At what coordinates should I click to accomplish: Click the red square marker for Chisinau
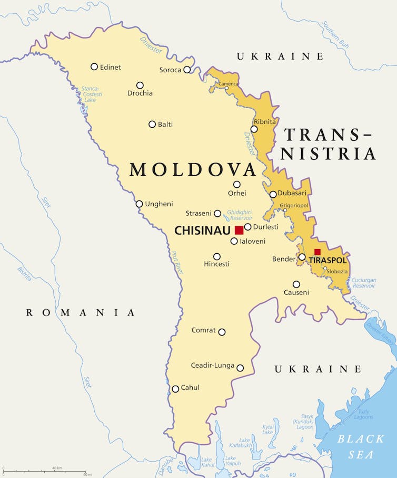click(x=239, y=230)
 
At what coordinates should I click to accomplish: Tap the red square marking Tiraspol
click(x=317, y=252)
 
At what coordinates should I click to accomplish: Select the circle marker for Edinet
click(x=94, y=66)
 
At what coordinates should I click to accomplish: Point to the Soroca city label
click(x=170, y=70)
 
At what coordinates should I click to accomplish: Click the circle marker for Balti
click(x=152, y=125)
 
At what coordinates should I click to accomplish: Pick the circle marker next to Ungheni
click(x=139, y=204)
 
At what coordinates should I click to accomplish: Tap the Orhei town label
click(x=237, y=193)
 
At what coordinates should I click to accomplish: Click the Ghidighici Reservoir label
click(x=240, y=215)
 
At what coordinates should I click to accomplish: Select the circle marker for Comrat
click(x=222, y=332)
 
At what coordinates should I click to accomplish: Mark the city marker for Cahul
click(x=175, y=389)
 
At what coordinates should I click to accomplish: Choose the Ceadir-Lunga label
click(x=212, y=365)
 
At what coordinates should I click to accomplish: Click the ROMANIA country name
click(x=81, y=313)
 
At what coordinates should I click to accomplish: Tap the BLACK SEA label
click(x=361, y=446)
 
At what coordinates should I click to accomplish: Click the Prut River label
click(x=176, y=262)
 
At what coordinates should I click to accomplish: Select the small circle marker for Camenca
click(x=227, y=88)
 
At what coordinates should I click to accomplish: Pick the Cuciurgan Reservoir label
click(x=363, y=282)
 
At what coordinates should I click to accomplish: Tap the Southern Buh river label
click(x=335, y=35)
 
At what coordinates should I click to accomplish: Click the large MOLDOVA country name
click(x=193, y=169)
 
